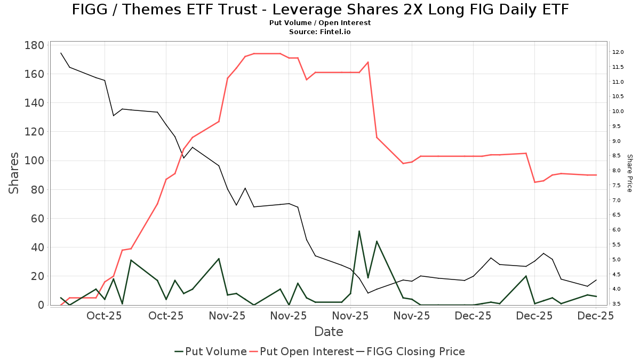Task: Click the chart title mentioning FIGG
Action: (320, 10)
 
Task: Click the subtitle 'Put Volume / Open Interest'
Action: (320, 23)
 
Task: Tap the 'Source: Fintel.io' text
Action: (320, 32)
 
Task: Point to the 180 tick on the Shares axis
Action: (34, 45)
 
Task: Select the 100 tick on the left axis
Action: (34, 161)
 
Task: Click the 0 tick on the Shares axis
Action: (41, 305)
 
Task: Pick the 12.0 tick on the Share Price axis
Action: (618, 52)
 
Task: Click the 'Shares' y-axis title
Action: (14, 173)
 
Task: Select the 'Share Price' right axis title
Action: (629, 173)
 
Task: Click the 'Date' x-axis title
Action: (329, 332)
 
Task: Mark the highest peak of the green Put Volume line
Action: (359, 231)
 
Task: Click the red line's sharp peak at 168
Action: (368, 62)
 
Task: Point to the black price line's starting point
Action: (61, 53)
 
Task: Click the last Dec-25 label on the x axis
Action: (596, 316)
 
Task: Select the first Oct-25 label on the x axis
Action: (105, 316)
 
